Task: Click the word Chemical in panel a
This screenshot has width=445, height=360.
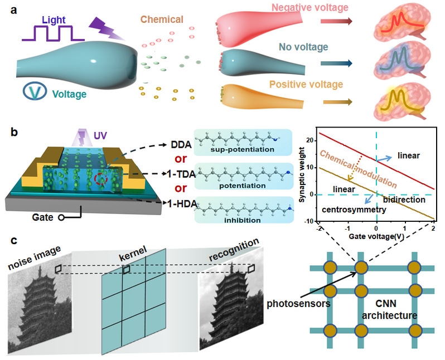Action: click(162, 20)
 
